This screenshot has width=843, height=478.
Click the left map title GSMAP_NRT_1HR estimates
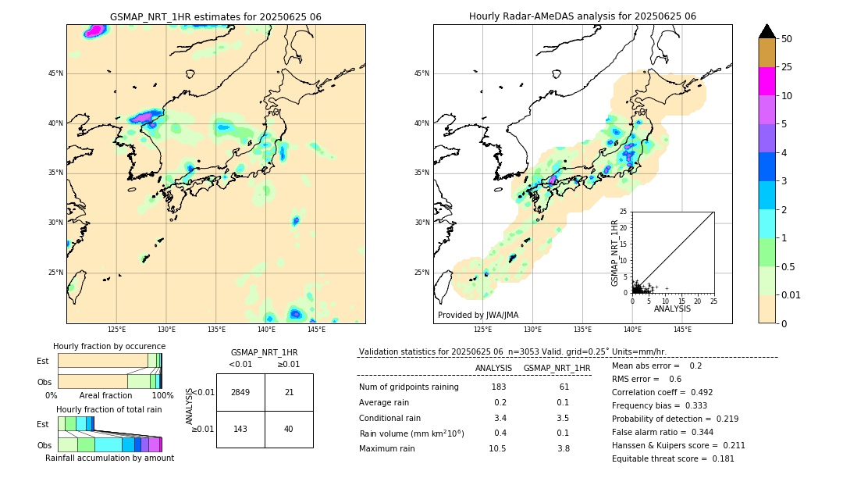tap(215, 16)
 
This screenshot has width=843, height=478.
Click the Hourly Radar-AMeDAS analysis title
tap(582, 16)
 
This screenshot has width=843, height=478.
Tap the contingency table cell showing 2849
tap(240, 392)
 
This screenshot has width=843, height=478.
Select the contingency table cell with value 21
tap(289, 392)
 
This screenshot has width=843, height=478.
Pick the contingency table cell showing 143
tap(240, 429)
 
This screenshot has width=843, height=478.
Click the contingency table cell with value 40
tap(289, 429)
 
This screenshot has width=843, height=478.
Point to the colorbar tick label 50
tap(787, 38)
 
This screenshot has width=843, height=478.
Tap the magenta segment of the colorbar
tap(767, 81)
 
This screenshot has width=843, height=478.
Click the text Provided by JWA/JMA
tap(478, 315)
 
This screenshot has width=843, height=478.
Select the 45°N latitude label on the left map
tap(55, 73)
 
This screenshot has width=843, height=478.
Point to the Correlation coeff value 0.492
tap(698, 392)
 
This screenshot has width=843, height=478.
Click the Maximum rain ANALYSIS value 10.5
tap(498, 448)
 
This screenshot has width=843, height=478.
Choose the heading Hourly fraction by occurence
tap(109, 346)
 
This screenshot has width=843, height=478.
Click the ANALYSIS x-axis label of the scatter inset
tap(672, 309)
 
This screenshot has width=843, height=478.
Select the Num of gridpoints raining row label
tap(408, 387)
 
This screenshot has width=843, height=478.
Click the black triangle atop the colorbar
tap(767, 31)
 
